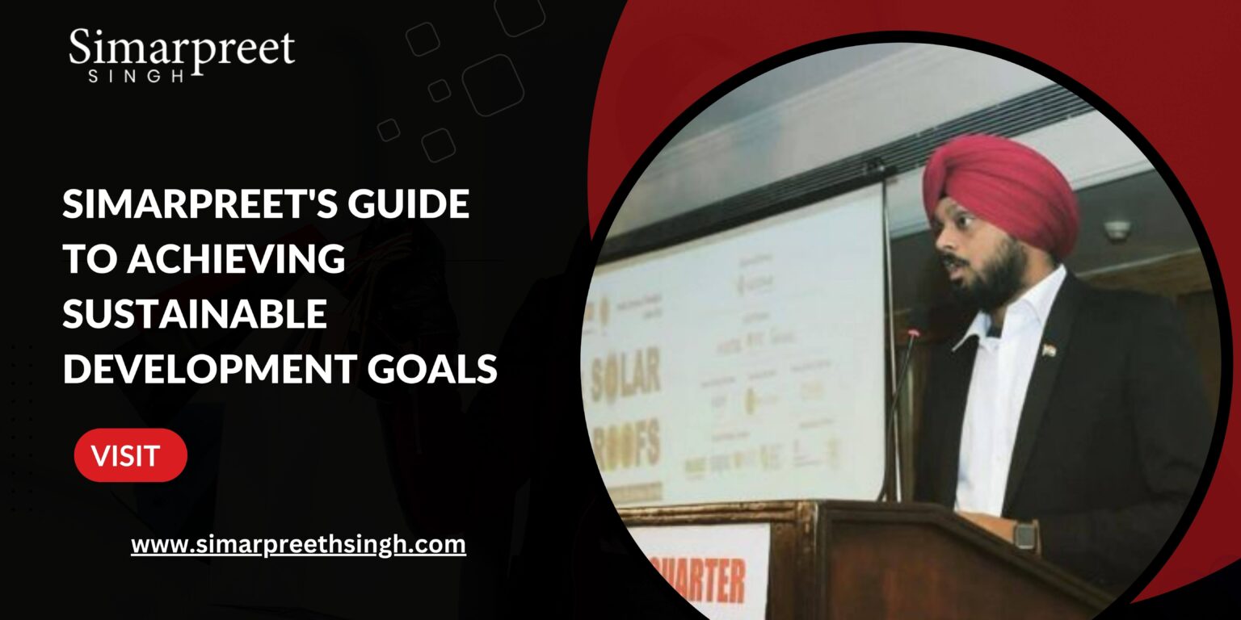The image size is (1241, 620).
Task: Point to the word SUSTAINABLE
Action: [195, 314]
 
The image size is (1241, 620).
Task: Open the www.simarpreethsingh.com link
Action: [298, 544]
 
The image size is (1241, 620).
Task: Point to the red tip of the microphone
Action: [914, 333]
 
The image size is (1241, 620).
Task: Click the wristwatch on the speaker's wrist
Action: [1024, 534]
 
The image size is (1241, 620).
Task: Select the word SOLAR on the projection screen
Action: [625, 376]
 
